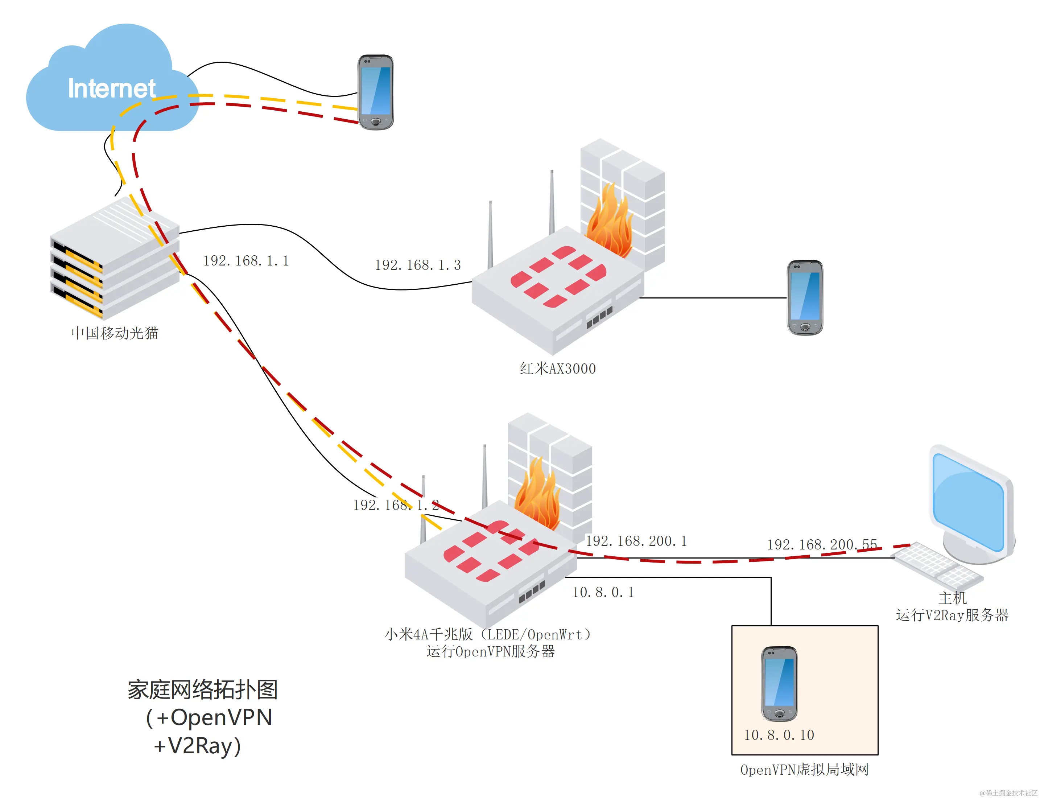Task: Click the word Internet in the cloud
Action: pyautogui.click(x=111, y=88)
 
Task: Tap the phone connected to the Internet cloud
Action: pyautogui.click(x=375, y=92)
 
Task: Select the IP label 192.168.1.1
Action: pyautogui.click(x=246, y=261)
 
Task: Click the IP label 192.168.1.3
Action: pyautogui.click(x=417, y=265)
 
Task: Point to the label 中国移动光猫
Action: pyautogui.click(x=115, y=333)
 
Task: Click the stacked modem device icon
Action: pyautogui.click(x=114, y=259)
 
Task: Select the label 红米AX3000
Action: pyautogui.click(x=557, y=368)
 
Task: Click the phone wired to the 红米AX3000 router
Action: pyautogui.click(x=805, y=297)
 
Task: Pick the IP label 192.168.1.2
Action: pyautogui.click(x=395, y=505)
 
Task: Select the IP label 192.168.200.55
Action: pyautogui.click(x=822, y=544)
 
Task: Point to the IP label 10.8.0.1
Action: pyautogui.click(x=603, y=593)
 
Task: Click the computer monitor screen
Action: pyautogui.click(x=968, y=502)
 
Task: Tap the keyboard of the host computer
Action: pyautogui.click(x=937, y=566)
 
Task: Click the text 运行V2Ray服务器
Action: pyautogui.click(x=952, y=615)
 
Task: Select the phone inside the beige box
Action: pyautogui.click(x=779, y=683)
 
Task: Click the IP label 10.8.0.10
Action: pyautogui.click(x=779, y=735)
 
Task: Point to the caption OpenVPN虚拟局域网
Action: pyautogui.click(x=804, y=770)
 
